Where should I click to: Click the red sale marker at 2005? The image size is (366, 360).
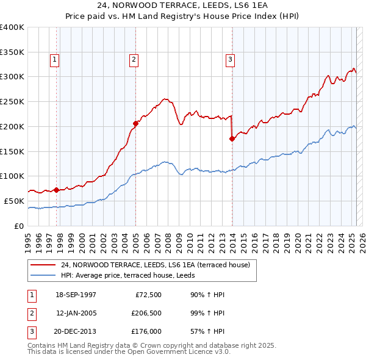tap(135, 123)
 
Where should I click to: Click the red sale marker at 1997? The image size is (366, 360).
tap(57, 190)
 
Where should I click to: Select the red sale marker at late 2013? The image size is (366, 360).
tap(232, 139)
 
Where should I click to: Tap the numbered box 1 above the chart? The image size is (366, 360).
tap(55, 59)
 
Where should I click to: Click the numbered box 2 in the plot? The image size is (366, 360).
tap(133, 59)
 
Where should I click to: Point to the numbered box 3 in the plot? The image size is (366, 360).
tap(230, 59)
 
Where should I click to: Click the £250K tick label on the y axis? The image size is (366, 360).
tap(12, 101)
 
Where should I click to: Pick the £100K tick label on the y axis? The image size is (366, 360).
tap(12, 176)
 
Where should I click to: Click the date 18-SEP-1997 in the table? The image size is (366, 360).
tap(76, 295)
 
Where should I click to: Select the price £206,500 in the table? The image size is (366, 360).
tap(146, 314)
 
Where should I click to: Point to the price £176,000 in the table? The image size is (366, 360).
tap(146, 333)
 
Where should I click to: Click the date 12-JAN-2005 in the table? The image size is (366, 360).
tap(76, 314)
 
